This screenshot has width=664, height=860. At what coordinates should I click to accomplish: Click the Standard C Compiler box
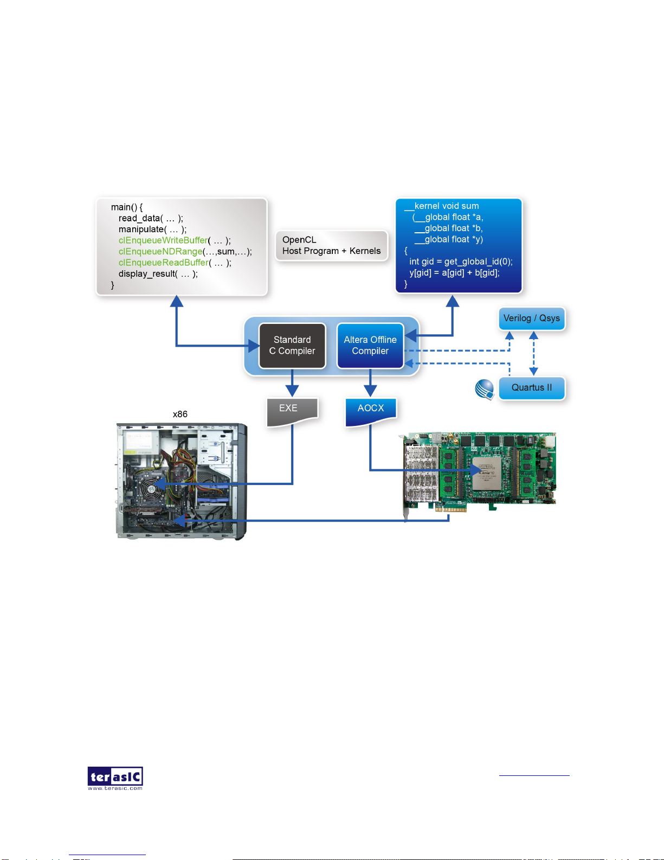292,346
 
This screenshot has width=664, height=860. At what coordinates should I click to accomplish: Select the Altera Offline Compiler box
370,346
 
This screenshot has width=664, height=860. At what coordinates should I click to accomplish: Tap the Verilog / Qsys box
531,318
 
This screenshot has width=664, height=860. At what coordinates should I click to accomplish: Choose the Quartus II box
531,388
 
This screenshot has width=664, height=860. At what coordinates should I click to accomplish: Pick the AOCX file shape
371,411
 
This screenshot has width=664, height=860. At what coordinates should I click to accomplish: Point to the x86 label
180,415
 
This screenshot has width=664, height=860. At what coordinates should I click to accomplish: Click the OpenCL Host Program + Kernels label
331,246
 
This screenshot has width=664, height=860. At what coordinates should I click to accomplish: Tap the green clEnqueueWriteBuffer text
163,240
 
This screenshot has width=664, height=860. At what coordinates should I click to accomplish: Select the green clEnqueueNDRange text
160,252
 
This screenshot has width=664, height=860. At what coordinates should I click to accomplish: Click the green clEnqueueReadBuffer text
163,263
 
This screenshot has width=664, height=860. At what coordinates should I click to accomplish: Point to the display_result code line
158,274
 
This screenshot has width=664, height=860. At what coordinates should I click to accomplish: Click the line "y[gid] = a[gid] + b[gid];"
454,273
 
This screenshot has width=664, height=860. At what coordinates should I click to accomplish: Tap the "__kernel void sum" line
442,206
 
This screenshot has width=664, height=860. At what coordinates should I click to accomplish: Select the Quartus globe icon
485,389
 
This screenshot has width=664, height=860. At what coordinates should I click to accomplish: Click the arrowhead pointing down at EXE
292,391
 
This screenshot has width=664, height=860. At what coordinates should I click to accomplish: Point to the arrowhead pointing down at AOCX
370,391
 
